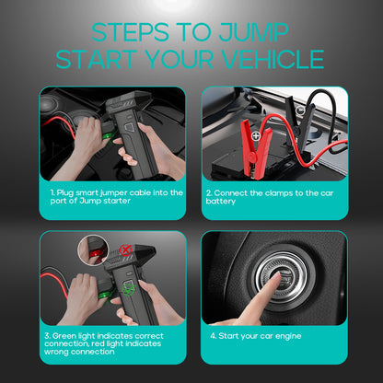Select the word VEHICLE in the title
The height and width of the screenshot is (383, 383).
coord(273,60)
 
